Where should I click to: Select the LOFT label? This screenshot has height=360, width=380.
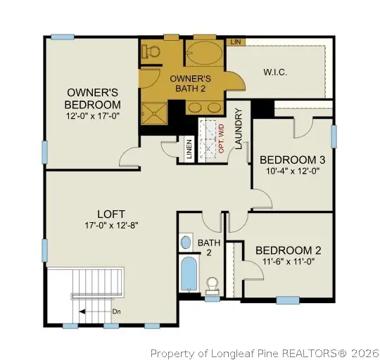pyautogui.click(x=111, y=214)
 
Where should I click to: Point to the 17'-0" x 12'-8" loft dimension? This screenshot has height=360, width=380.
pyautogui.click(x=111, y=226)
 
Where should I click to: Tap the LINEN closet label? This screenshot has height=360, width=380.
pyautogui.click(x=189, y=150)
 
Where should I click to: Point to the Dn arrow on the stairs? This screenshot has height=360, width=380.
pyautogui.click(x=99, y=310)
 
